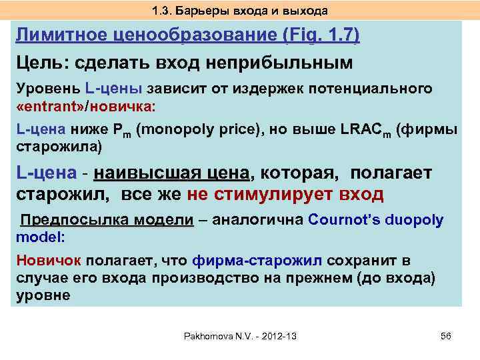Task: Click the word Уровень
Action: click(x=47, y=88)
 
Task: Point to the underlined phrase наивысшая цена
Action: click(x=171, y=173)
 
